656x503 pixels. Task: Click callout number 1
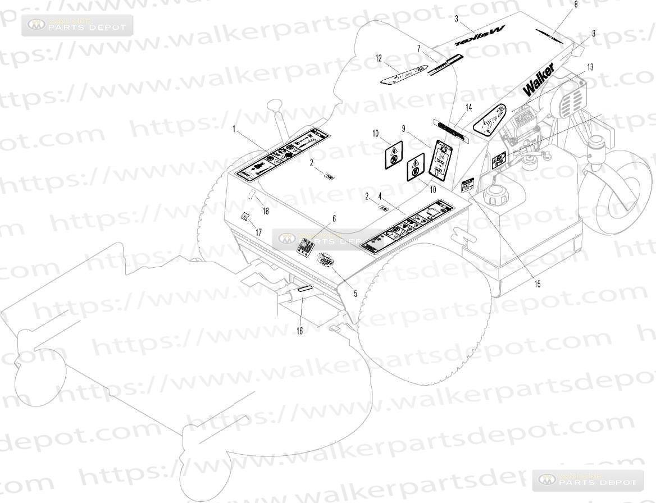coord(234,129)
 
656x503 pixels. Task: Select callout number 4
coord(380,196)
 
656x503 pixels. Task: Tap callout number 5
coord(354,293)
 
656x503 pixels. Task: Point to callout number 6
coord(334,219)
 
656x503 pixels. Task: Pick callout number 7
coord(418,49)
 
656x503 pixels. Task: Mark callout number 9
coord(403,128)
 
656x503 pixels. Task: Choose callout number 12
coord(379,58)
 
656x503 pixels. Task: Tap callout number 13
coord(590,67)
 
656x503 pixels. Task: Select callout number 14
coord(468,107)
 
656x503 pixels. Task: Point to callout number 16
coord(299,331)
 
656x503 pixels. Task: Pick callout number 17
coord(258,232)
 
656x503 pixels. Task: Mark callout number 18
coord(266,211)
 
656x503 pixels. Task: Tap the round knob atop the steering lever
coord(275,105)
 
